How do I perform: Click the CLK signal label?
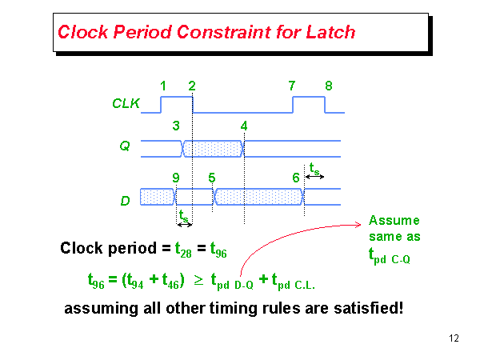[x=124, y=103]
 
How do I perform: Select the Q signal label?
[x=123, y=146]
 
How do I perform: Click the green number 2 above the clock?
[x=191, y=86]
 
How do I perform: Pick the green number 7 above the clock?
[x=292, y=86]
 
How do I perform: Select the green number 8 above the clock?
[x=328, y=86]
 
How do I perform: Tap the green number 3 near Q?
[x=175, y=126]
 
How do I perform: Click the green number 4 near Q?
[x=244, y=126]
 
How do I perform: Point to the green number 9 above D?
[x=175, y=177]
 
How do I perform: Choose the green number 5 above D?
[x=211, y=177]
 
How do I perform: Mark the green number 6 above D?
[x=296, y=177]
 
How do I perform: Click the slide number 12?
[x=454, y=338]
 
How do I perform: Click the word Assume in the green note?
[x=394, y=221]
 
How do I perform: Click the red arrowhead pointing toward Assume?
[x=361, y=225]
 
